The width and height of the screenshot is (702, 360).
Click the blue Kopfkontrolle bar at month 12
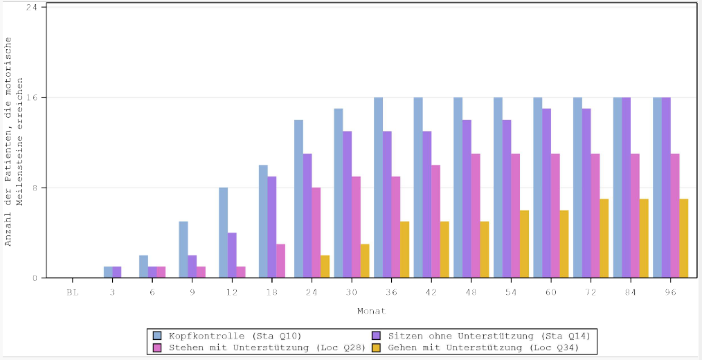(223, 233)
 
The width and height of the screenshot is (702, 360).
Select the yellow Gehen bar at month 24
(325, 267)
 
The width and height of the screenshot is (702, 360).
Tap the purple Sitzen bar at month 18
(272, 227)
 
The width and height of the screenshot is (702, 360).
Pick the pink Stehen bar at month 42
(435, 222)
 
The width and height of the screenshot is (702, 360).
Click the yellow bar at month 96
(684, 238)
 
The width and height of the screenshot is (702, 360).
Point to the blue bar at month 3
(108, 272)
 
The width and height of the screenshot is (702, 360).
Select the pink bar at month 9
(201, 272)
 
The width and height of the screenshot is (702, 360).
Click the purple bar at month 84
(626, 188)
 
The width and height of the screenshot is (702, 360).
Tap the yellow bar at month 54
(524, 244)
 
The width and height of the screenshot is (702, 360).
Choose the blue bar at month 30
(339, 193)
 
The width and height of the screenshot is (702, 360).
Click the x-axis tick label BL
(73, 293)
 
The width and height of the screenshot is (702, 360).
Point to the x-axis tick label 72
(591, 293)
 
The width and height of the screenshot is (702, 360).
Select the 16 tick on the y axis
(33, 98)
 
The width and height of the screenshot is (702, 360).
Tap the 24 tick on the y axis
(33, 7)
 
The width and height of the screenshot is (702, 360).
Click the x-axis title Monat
(371, 311)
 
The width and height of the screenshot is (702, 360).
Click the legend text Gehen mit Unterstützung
(483, 348)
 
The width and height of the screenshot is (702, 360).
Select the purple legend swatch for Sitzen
(377, 336)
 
